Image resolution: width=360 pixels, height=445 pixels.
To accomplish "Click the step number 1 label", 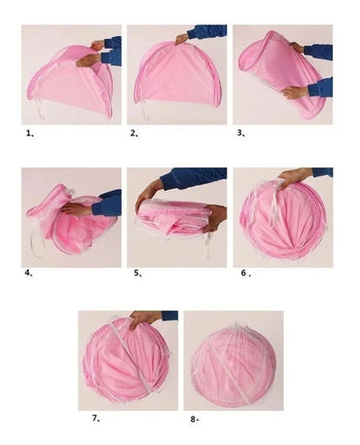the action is click(30, 133).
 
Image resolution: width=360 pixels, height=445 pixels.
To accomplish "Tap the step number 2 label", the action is click(134, 133).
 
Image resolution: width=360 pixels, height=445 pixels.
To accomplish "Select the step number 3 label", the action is click(240, 132).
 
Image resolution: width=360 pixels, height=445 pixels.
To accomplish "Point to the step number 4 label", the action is click(28, 273).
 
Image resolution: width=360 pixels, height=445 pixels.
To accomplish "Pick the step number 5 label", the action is click(138, 274).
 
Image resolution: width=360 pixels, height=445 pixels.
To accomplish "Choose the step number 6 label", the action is click(245, 273).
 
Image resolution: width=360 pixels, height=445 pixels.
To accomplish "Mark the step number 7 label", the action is click(95, 418).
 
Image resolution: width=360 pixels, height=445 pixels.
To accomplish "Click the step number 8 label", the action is click(195, 419).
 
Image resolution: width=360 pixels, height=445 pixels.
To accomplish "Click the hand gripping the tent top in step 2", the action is click(182, 39).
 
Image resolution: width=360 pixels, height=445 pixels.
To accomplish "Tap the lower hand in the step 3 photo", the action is click(295, 92).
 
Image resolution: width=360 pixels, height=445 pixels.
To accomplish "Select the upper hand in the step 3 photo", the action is click(297, 48).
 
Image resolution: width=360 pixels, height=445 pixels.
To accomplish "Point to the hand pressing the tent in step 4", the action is click(77, 209).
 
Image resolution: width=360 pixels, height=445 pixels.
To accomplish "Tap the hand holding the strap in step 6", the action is click(290, 178).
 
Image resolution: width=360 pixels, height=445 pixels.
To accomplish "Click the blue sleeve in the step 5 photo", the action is click(194, 177).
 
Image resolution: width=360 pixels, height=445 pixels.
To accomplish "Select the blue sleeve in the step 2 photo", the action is click(207, 31).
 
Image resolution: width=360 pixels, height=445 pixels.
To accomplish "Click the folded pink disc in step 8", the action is click(234, 366).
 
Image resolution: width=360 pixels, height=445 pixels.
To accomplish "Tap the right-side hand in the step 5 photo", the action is click(216, 217).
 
